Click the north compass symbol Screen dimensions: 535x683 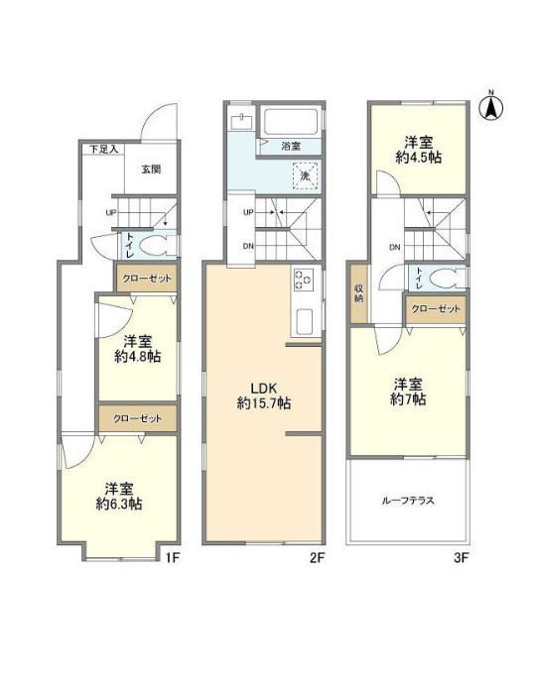491,107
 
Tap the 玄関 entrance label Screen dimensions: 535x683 151,169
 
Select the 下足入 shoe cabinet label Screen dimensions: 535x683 104,150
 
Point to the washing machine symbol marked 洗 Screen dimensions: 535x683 306,176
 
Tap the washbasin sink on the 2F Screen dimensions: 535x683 241,122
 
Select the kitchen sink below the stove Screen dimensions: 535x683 305,321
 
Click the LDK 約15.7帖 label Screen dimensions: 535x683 264,396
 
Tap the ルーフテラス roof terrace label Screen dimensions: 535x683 408,501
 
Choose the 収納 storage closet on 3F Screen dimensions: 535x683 359,293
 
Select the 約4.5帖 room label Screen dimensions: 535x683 418,150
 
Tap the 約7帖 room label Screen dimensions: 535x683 408,392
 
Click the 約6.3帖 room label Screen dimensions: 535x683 119,497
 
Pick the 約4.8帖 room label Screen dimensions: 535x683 137,349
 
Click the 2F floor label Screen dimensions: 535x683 318,557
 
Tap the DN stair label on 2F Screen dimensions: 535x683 248,246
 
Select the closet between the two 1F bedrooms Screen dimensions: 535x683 138,418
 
